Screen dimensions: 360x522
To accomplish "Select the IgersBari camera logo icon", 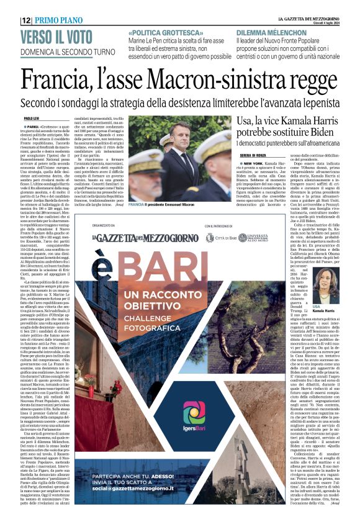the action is (x=194, y=412).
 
